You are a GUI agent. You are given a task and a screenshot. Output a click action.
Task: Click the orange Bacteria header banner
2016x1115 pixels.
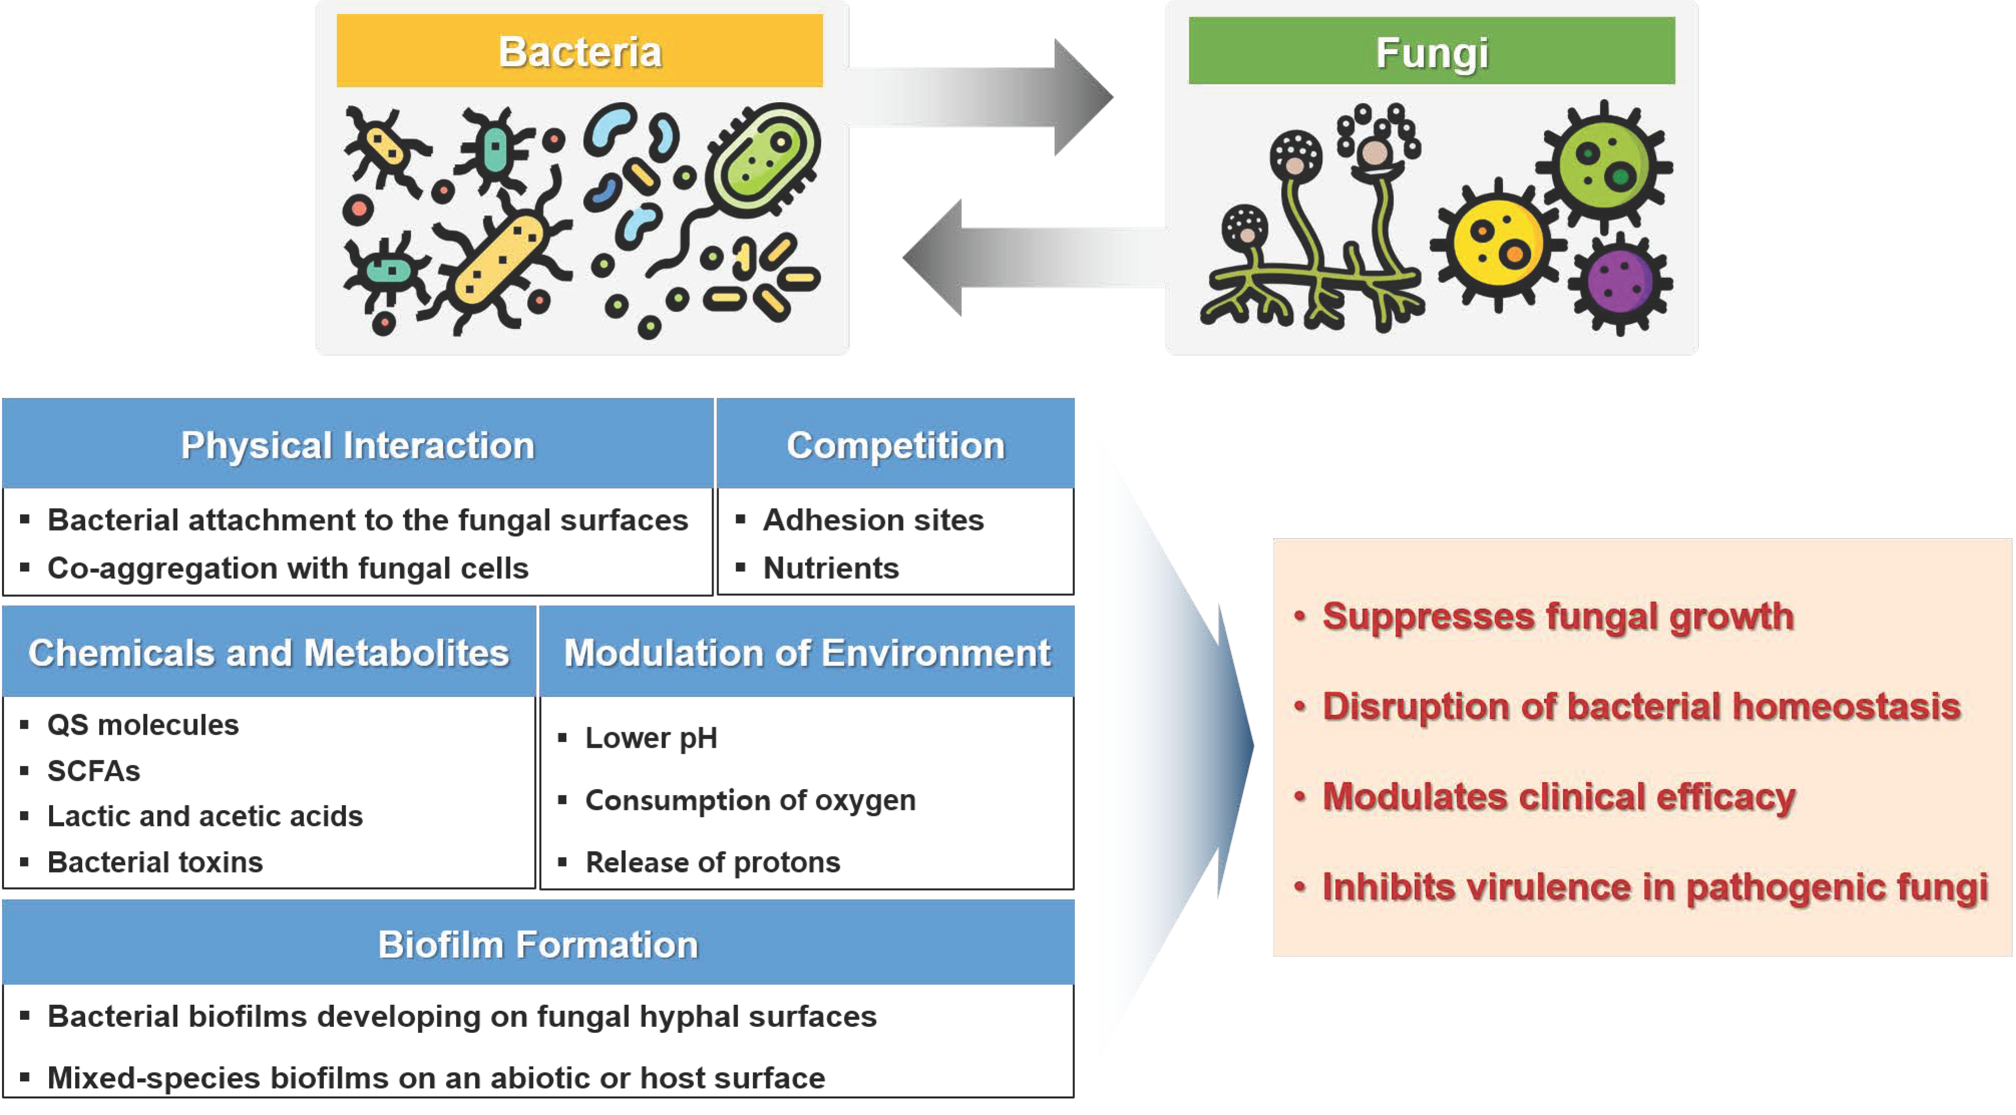click(579, 51)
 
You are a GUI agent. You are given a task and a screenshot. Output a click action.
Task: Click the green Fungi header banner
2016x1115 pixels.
click(1431, 51)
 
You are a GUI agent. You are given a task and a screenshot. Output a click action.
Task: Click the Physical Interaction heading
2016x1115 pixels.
click(358, 444)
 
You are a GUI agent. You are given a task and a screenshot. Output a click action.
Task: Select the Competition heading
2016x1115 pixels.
click(895, 444)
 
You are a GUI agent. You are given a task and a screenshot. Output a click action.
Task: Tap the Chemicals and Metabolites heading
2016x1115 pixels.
click(269, 652)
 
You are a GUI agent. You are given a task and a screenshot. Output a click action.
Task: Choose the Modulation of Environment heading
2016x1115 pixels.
click(807, 652)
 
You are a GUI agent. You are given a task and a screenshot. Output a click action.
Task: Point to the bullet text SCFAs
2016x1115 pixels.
click(93, 771)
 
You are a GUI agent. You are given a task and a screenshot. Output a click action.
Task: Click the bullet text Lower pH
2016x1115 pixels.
click(651, 738)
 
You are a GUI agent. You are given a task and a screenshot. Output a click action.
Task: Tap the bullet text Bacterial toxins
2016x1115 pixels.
click(155, 861)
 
